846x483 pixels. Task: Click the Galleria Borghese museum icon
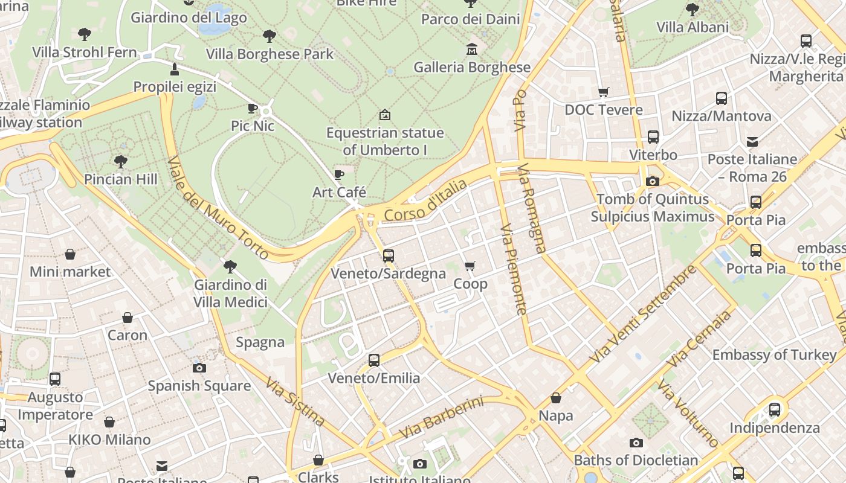click(471, 50)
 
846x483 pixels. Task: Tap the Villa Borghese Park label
click(270, 54)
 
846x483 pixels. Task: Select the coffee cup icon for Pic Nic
click(253, 109)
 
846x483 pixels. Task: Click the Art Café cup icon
click(339, 175)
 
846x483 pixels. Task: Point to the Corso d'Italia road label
click(425, 200)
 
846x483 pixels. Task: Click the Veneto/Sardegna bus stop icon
click(388, 256)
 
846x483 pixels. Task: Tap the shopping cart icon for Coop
click(470, 266)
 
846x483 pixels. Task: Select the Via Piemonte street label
click(514, 269)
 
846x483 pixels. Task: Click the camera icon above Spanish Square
click(199, 368)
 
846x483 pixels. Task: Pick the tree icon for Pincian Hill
click(121, 162)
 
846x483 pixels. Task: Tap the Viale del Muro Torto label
click(218, 208)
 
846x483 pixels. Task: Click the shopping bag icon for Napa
click(556, 398)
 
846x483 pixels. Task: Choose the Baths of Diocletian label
click(636, 461)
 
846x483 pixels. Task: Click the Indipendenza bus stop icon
click(775, 410)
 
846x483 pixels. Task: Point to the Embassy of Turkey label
click(775, 355)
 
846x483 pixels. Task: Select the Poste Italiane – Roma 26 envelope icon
click(752, 142)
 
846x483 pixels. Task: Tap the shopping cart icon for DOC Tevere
click(603, 92)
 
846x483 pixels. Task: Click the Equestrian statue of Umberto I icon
click(385, 115)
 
